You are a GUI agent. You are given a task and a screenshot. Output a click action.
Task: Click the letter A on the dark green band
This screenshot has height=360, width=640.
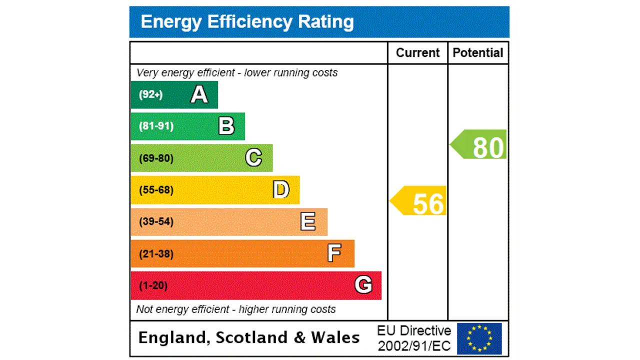coord(199,94)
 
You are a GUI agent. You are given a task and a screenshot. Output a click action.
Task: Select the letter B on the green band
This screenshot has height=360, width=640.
coord(226,126)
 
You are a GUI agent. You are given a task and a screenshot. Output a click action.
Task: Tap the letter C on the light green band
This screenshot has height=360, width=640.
coord(253,158)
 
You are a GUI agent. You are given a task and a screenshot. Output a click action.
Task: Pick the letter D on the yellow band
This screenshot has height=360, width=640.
coord(281,190)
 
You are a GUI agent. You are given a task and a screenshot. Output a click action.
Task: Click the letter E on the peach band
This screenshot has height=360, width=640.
coord(308,221)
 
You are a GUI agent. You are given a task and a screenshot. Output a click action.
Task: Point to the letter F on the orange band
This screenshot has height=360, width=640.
coord(334,253)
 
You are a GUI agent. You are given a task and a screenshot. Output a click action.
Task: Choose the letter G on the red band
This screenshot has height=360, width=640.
coord(363,285)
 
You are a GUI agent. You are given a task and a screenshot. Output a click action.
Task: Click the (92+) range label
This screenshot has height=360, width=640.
coord(151,94)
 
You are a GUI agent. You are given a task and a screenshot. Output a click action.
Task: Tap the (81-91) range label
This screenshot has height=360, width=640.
coord(156,126)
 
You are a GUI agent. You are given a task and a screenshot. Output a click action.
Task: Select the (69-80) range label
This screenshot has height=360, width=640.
coord(156,158)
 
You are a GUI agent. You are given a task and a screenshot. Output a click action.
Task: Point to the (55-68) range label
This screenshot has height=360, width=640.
coord(156,190)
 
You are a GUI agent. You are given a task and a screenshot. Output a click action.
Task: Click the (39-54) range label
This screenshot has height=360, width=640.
coord(156,221)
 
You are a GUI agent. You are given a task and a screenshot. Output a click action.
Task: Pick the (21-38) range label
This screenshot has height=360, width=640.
coord(156,254)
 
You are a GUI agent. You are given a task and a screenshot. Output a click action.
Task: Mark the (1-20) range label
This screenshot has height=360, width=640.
coord(153,285)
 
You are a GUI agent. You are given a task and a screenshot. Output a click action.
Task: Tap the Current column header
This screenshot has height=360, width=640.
coord(417,53)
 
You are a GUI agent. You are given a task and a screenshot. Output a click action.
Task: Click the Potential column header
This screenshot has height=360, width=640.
coord(478,53)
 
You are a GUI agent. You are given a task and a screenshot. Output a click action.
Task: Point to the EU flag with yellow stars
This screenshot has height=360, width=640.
coord(479,338)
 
